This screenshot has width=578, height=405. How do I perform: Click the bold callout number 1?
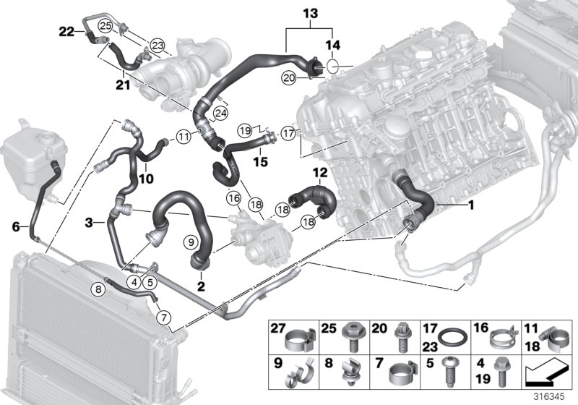click(470, 205)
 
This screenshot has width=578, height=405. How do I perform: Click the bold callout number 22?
click(66, 31)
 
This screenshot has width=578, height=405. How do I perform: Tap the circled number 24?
click(220, 113)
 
